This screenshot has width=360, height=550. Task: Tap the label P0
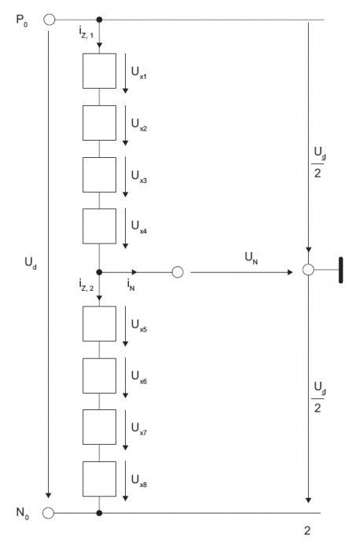22,20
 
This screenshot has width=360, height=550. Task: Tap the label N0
23,513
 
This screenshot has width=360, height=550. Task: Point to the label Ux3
139,176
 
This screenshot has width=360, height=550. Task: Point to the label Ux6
139,377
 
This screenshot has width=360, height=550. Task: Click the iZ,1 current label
86,32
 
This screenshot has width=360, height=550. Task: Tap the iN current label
131,284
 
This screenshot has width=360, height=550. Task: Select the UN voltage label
252,258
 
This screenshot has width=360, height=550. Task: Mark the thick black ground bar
340,269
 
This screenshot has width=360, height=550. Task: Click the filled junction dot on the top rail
99,20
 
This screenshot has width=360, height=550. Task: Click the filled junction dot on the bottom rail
99,513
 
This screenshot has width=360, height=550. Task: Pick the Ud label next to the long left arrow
31,263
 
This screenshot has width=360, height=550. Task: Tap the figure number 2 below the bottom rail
307,530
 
